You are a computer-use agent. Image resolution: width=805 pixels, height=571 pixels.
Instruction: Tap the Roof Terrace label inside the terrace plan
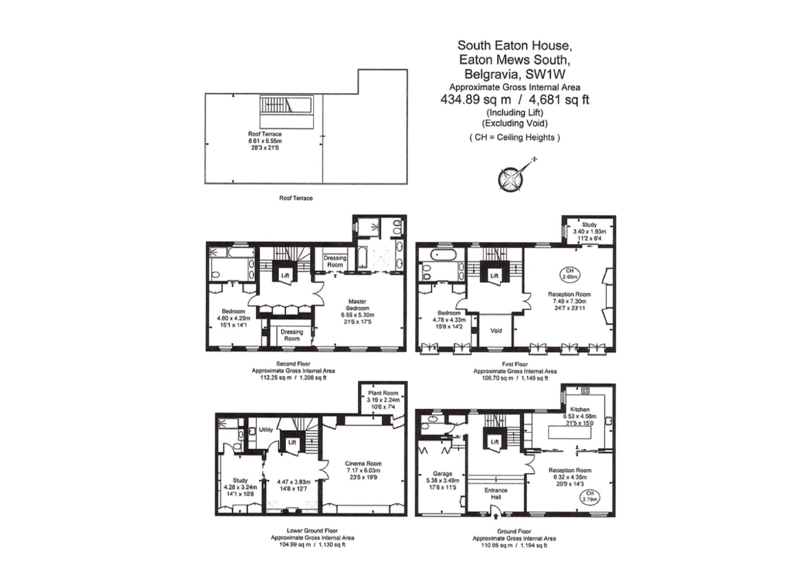[265, 134]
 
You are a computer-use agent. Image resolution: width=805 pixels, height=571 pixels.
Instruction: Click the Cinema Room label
[363, 464]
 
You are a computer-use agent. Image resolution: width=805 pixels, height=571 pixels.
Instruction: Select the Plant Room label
[383, 393]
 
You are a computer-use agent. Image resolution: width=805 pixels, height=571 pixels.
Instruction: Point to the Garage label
[442, 473]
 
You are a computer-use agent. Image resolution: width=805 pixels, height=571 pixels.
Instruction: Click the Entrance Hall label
[496, 494]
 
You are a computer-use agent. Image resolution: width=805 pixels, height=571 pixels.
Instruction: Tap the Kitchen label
[580, 409]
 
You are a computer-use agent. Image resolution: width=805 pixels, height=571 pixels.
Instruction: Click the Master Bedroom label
[357, 305]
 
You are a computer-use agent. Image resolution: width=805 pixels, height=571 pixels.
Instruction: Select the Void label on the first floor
[496, 331]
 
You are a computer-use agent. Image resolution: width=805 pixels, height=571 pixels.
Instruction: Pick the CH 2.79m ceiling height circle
[590, 496]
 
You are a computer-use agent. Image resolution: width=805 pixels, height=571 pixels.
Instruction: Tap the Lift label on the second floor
[285, 275]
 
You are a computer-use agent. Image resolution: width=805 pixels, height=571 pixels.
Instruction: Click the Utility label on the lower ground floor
[266, 430]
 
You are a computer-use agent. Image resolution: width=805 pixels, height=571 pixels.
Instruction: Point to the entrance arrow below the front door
[496, 517]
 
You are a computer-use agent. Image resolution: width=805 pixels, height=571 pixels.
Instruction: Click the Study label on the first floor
[589, 225]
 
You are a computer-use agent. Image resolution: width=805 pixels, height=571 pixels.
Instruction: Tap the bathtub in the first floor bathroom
[443, 256]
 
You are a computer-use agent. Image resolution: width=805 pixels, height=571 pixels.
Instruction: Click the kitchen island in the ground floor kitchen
[569, 433]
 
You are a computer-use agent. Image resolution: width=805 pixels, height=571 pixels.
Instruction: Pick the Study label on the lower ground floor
[240, 480]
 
